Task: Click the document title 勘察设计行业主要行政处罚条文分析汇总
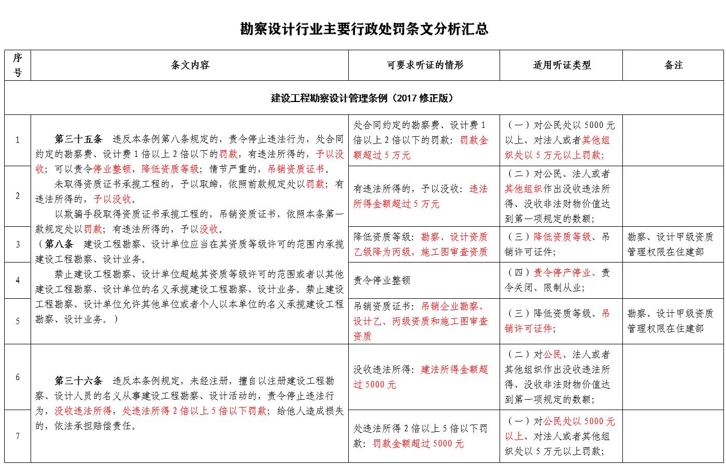click(364, 29)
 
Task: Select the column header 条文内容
click(190, 65)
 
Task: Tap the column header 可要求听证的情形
click(424, 65)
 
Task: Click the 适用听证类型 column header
click(562, 65)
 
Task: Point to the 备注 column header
click(673, 65)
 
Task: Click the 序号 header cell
click(18, 65)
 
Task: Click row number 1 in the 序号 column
click(18, 140)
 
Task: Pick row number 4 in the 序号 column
click(18, 280)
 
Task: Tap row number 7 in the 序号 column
click(18, 436)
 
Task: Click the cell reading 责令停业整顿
click(382, 281)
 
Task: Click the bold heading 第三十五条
click(79, 139)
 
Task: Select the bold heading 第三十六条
click(79, 381)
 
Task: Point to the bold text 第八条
click(59, 244)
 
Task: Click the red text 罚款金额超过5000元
click(418, 444)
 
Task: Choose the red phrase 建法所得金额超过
click(454, 370)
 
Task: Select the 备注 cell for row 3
click(673, 244)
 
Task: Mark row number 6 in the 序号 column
click(18, 377)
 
